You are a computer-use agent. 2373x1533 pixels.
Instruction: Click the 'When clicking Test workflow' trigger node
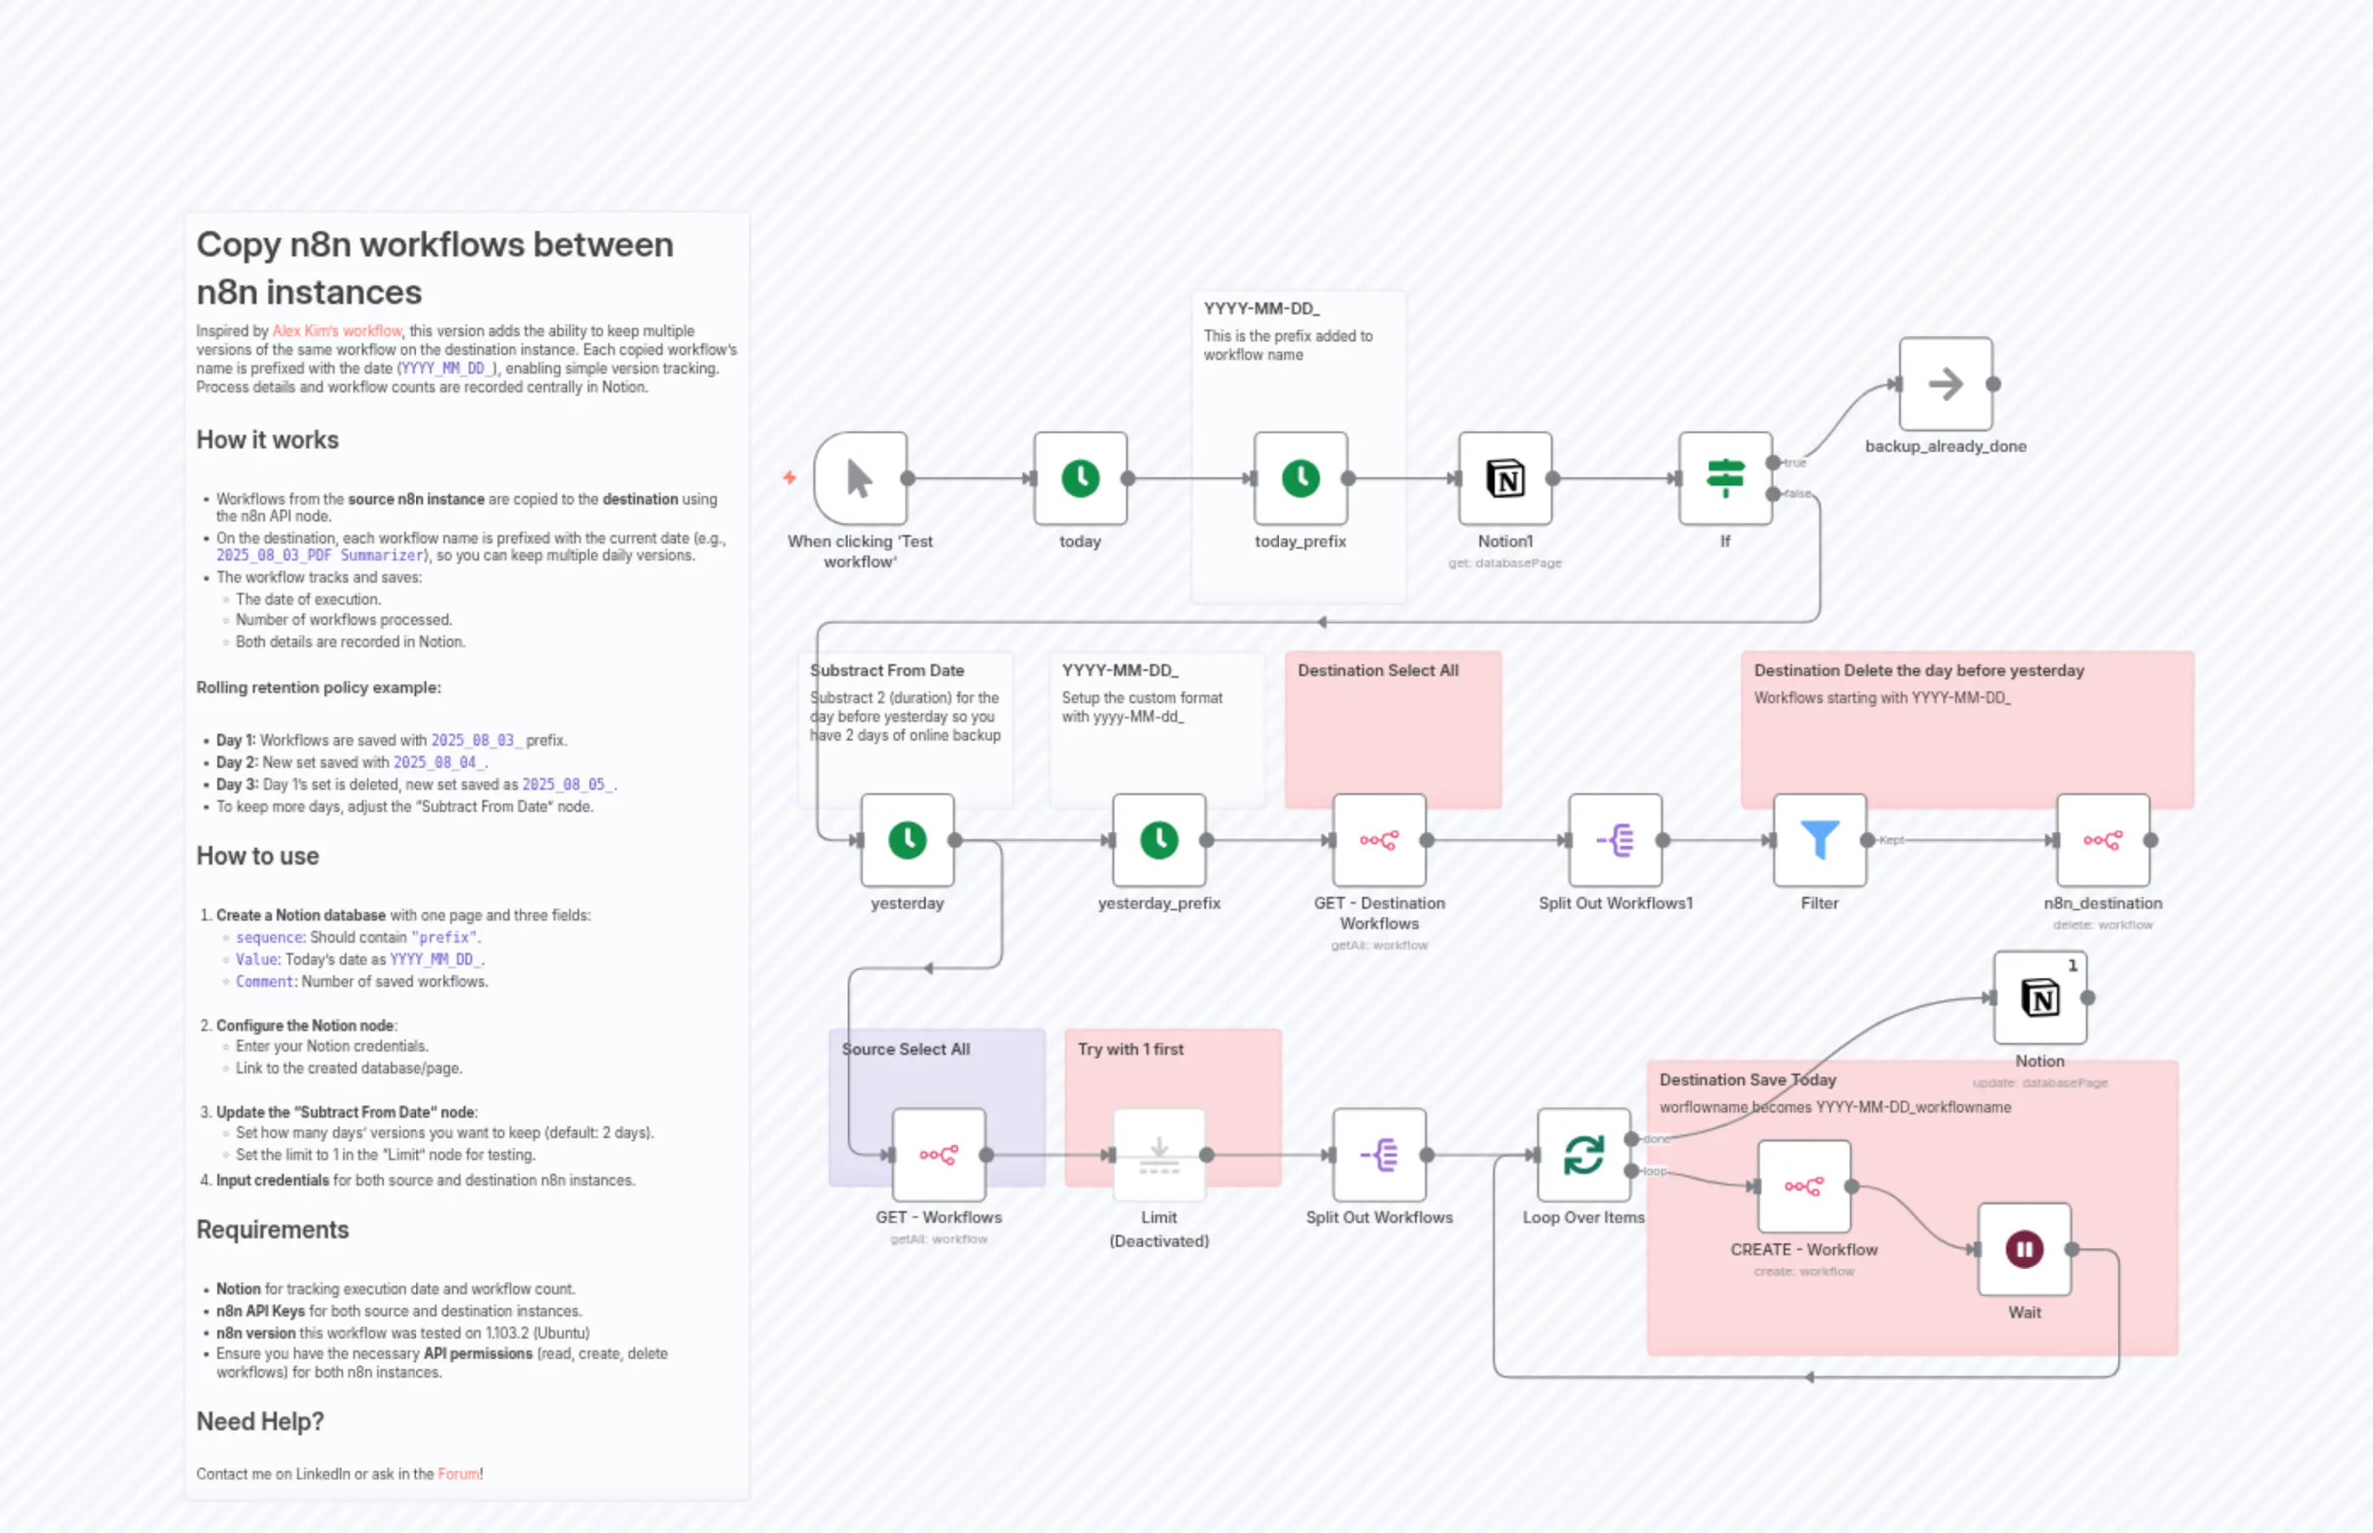[860, 478]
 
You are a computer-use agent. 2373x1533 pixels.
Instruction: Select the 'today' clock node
[1080, 478]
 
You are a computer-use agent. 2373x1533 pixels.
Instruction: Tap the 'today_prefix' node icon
[1300, 478]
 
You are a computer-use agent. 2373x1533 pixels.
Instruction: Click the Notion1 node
[1505, 478]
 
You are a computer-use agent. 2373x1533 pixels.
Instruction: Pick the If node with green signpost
[1725, 478]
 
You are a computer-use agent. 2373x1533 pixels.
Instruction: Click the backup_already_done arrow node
[1945, 383]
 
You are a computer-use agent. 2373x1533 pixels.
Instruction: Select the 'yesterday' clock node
[907, 840]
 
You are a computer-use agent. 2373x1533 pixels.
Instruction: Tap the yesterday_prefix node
[1158, 840]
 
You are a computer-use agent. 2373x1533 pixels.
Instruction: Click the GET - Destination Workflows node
[1378, 840]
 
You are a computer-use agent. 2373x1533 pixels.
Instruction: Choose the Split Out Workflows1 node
[1615, 840]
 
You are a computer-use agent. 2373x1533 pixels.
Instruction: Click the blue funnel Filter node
[1818, 840]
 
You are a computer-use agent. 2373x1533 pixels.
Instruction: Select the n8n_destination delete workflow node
[2102, 840]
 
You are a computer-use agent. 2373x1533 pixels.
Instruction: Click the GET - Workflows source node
[938, 1155]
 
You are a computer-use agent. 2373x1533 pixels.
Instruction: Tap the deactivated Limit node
[1158, 1155]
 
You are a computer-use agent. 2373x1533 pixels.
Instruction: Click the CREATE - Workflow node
[1804, 1186]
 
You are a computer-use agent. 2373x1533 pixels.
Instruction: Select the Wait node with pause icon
[2024, 1249]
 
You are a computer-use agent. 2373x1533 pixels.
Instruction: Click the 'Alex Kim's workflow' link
[336, 330]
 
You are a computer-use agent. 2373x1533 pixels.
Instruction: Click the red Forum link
[458, 1474]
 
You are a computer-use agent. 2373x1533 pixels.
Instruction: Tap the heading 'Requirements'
[272, 1230]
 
